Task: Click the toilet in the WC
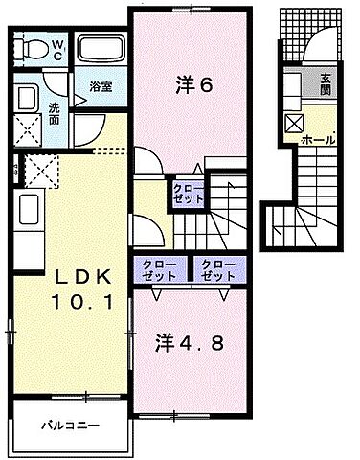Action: point(33,48)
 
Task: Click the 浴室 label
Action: point(101,84)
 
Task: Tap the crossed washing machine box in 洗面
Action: point(27,129)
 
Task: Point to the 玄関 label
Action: point(326,84)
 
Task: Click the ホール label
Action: point(318,140)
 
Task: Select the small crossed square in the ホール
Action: point(295,122)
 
